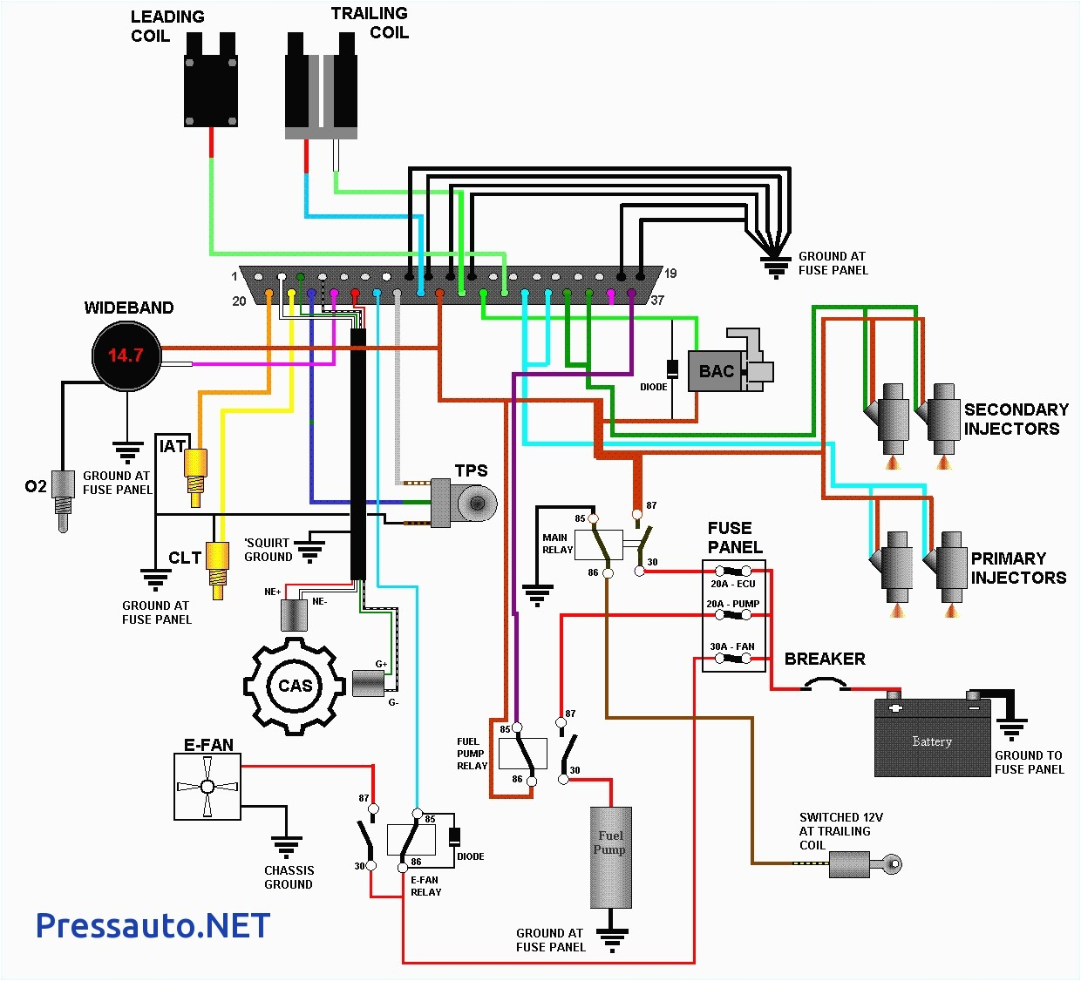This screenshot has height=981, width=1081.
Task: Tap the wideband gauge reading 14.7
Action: tap(126, 355)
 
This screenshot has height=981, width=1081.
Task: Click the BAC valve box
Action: tap(717, 371)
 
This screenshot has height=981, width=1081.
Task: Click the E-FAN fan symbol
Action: tap(207, 787)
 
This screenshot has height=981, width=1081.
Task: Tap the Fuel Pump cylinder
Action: tap(610, 857)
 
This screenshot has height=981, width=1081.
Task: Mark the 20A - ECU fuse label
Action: tap(732, 584)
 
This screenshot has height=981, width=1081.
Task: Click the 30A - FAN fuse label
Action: tap(732, 646)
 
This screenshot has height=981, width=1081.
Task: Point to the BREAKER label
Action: tap(825, 660)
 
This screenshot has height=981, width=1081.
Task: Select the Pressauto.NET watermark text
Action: tap(153, 925)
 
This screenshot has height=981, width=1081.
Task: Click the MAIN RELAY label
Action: tap(557, 544)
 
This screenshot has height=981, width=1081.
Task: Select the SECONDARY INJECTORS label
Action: tap(1016, 419)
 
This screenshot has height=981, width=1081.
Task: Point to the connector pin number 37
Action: tap(657, 301)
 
